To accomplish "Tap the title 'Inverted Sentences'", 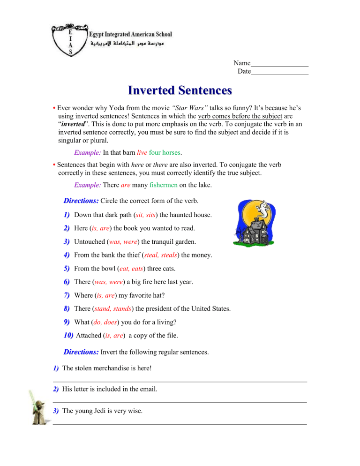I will (180, 90).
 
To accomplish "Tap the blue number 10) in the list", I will (67, 337).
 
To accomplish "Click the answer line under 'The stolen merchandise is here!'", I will (180, 381).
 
